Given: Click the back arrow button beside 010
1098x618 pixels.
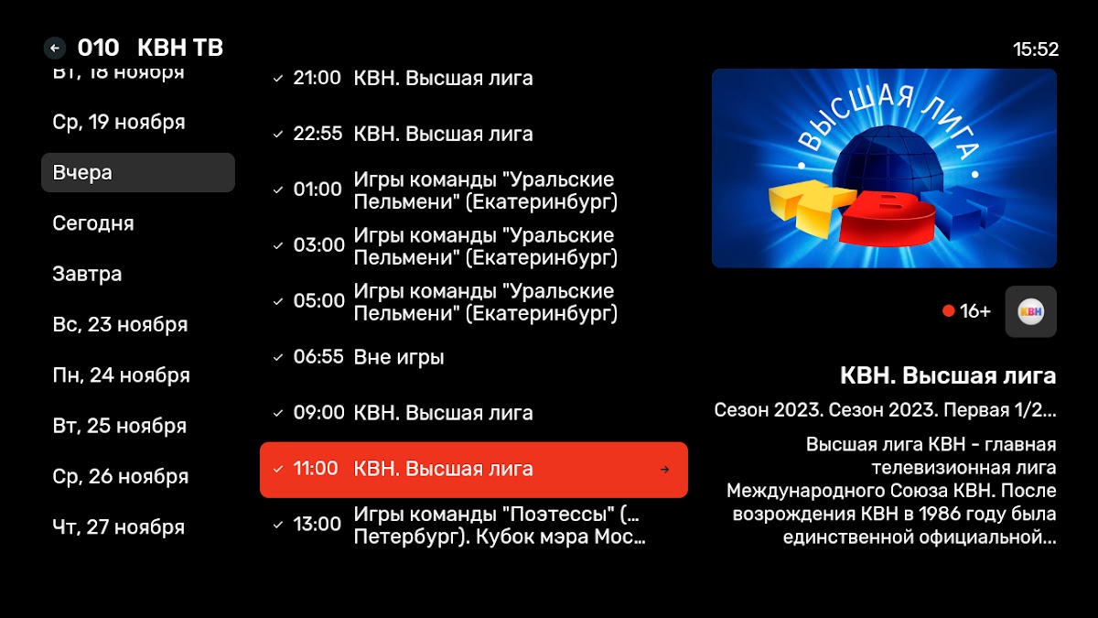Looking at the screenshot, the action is click(x=54, y=48).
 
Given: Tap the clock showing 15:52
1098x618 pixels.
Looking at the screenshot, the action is click(x=1035, y=49).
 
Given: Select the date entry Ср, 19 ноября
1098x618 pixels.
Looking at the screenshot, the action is click(x=119, y=122).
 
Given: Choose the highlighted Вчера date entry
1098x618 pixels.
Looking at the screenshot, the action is click(x=138, y=173).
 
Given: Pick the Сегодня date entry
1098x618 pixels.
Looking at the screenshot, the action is click(x=93, y=223).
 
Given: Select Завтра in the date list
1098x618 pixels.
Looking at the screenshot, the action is click(x=87, y=274).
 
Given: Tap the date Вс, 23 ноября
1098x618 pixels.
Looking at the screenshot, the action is click(x=120, y=324).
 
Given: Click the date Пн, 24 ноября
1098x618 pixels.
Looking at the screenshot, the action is click(x=121, y=375).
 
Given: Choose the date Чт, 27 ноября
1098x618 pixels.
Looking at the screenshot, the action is click(x=119, y=527).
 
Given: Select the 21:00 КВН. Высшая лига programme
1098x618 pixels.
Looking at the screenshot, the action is click(x=413, y=78).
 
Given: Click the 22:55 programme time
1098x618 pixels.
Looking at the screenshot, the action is click(x=318, y=134).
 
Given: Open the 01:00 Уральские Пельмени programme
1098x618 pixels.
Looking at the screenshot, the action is click(x=455, y=190).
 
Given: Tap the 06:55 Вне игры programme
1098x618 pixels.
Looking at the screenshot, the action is click(x=369, y=357).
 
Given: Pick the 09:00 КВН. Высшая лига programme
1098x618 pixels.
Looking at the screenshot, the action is click(x=413, y=413).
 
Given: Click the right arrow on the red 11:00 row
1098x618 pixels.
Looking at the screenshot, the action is click(x=664, y=470).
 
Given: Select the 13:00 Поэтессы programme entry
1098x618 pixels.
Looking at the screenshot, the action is click(x=469, y=526).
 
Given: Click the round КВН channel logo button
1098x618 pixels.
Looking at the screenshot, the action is click(x=1031, y=311).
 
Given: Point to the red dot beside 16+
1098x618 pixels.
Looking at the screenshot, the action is click(x=949, y=311).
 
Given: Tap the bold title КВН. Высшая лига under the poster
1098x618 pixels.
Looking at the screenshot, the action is click(x=948, y=376).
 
